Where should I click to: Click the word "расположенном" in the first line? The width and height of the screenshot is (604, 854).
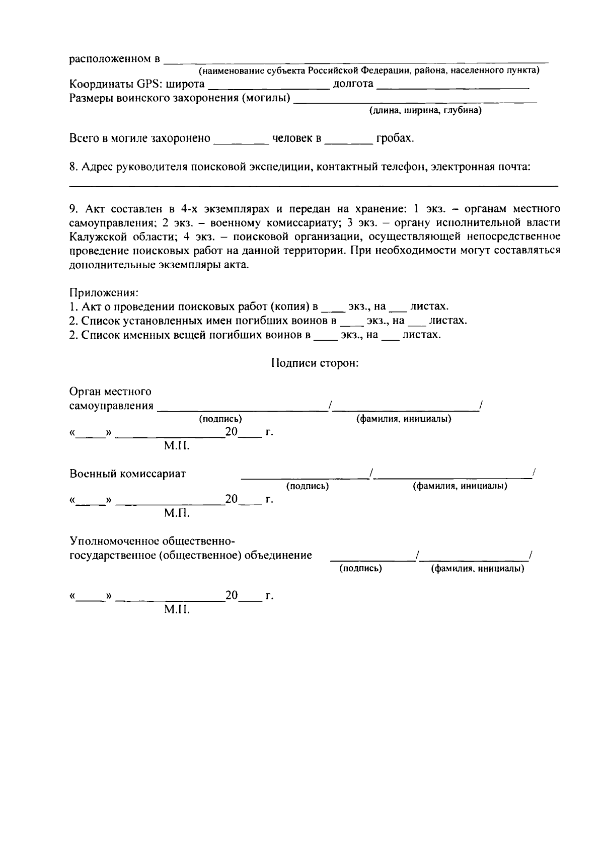(x=111, y=59)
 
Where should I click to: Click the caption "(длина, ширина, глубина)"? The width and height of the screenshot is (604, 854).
(x=425, y=111)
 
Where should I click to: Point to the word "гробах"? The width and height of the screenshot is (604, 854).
(x=394, y=138)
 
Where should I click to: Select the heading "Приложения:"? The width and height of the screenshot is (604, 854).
(x=104, y=292)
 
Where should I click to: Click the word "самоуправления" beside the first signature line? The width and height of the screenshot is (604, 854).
(x=111, y=406)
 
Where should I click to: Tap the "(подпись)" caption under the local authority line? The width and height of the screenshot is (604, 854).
(x=220, y=419)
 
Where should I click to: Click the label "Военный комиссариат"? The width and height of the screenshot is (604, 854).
(x=127, y=474)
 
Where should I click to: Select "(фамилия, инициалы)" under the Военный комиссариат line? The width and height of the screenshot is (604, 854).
(x=460, y=486)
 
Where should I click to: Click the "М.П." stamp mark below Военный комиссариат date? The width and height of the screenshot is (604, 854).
(x=177, y=513)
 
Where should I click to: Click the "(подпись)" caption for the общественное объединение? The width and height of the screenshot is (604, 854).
(x=360, y=568)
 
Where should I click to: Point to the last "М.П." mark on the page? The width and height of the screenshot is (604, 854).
(x=177, y=610)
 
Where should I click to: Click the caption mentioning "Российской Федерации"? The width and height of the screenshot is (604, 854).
(x=369, y=71)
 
